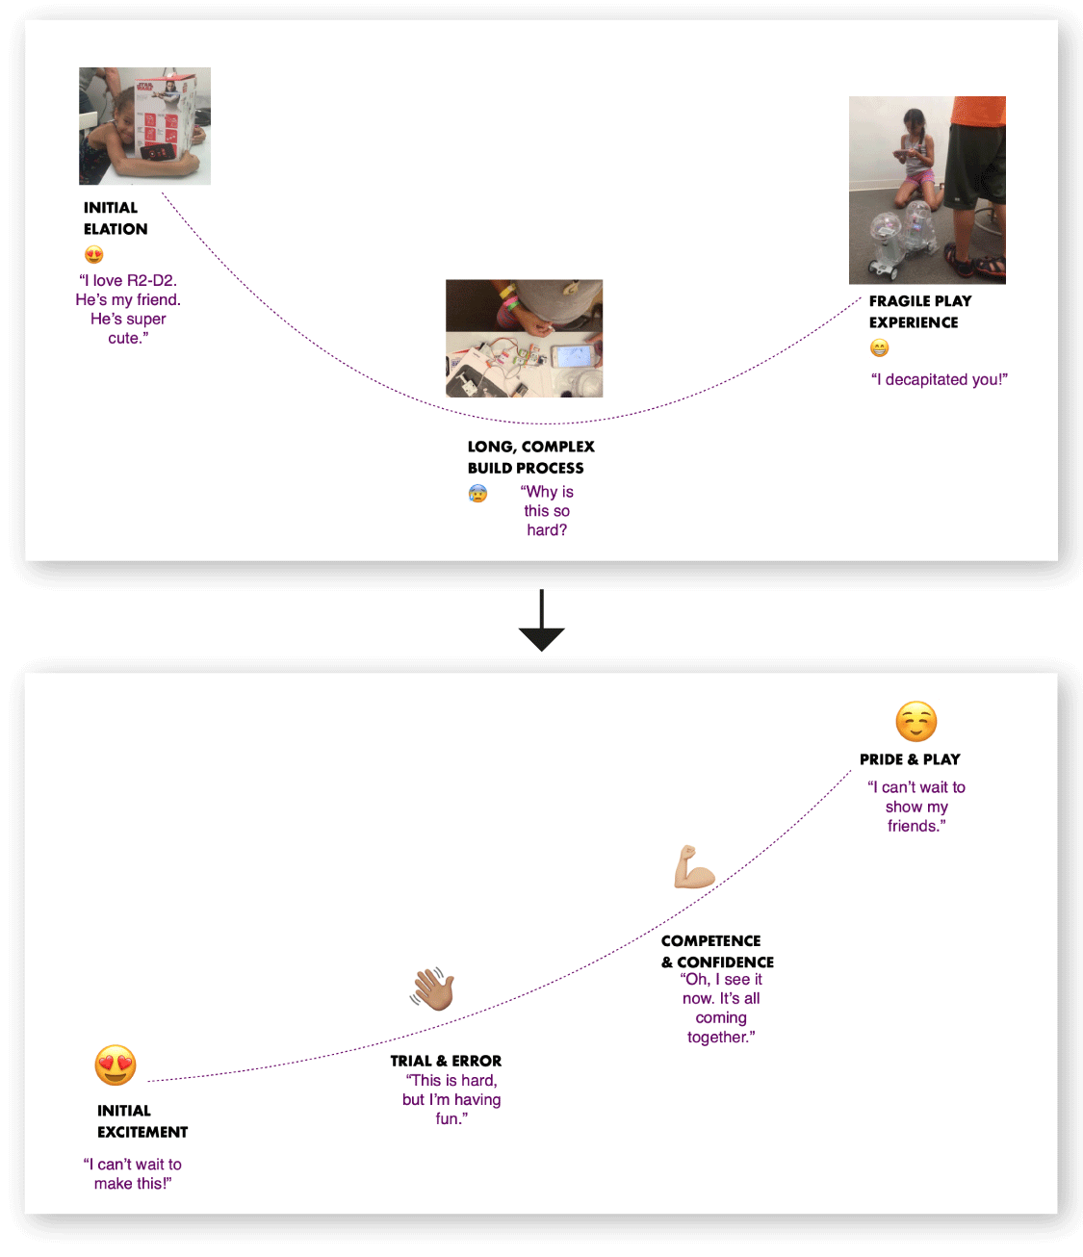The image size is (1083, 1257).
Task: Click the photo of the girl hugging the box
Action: coord(144,126)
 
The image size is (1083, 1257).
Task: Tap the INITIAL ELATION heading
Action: coord(116,218)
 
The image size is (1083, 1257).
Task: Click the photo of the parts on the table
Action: coord(524,338)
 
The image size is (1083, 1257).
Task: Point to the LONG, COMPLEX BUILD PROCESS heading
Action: coord(530,457)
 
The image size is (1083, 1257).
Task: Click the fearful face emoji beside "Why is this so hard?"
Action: coord(477,494)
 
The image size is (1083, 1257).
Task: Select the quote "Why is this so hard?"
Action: coord(548,510)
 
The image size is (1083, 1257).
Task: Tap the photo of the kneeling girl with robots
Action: coord(927,190)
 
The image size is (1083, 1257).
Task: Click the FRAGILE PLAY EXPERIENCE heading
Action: coord(919,312)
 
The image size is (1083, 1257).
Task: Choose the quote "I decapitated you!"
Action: coord(939,379)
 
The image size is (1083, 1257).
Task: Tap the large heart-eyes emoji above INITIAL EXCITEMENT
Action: coord(116,1065)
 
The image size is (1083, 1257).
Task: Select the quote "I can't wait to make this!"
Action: coord(133,1173)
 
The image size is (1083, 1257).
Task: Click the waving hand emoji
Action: coord(433,988)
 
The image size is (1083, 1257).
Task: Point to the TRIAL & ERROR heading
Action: coord(446,1061)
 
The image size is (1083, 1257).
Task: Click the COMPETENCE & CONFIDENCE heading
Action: coord(717,951)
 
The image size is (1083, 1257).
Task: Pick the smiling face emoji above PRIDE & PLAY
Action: coord(915,721)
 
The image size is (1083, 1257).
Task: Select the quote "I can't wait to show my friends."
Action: coord(916,807)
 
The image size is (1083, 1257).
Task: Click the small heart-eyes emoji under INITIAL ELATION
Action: coord(94,255)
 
